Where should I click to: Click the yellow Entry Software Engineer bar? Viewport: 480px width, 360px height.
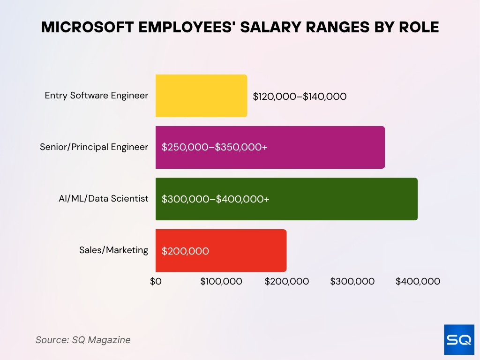[x=201, y=96]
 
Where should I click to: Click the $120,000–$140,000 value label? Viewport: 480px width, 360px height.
[x=300, y=97]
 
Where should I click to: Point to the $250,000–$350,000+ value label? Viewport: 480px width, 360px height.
[x=214, y=147]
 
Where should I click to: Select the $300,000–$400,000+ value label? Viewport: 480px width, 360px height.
[x=215, y=199]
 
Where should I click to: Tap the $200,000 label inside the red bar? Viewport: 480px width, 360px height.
[x=185, y=251]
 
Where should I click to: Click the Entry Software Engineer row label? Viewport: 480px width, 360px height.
[x=96, y=96]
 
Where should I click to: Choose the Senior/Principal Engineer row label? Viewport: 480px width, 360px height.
[x=94, y=147]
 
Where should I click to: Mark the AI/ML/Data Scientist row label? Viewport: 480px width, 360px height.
[x=100, y=199]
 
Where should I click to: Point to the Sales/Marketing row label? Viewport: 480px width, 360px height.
[x=113, y=250]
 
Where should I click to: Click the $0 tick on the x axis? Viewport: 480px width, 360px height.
[x=156, y=281]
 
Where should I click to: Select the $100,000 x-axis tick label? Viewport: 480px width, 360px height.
[x=221, y=281]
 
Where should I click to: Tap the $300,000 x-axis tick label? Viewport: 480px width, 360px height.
[x=352, y=281]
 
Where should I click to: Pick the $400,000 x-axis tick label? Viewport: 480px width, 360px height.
[x=418, y=281]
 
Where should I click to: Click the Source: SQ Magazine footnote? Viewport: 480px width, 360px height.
[x=83, y=340]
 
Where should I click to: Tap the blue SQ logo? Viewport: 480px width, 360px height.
[x=459, y=339]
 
